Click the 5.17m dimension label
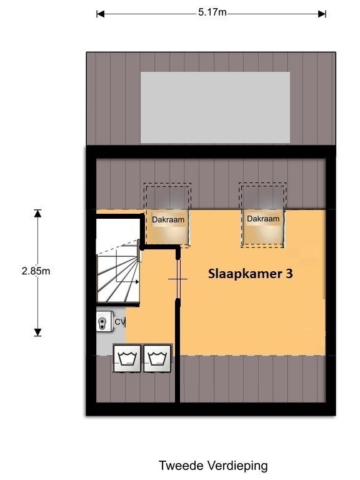click(x=212, y=12)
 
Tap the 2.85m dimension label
click(x=36, y=271)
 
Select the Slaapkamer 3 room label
click(x=251, y=274)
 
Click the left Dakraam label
click(x=168, y=219)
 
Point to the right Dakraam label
click(x=263, y=219)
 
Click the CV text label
click(x=120, y=322)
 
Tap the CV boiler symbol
click(x=104, y=321)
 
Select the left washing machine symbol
click(x=127, y=359)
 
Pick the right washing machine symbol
click(x=157, y=359)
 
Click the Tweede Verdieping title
click(x=213, y=466)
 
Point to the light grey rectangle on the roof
click(x=215, y=107)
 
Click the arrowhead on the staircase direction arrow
click(x=137, y=282)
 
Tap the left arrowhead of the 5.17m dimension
click(x=101, y=14)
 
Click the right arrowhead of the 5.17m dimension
click(x=322, y=14)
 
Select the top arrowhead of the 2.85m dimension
click(x=37, y=213)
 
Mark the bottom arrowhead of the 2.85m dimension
click(x=37, y=332)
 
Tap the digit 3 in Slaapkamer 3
click(x=289, y=273)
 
